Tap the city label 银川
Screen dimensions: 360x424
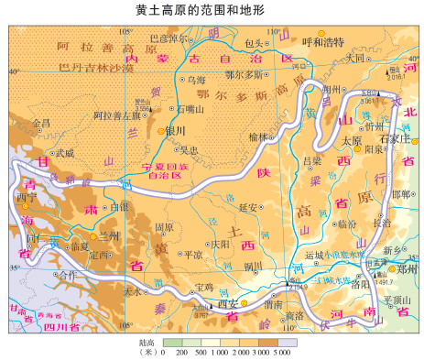click(x=175, y=131)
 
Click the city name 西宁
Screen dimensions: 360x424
click(x=27, y=195)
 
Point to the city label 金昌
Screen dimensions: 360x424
click(x=41, y=122)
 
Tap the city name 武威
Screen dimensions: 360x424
click(x=63, y=154)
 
